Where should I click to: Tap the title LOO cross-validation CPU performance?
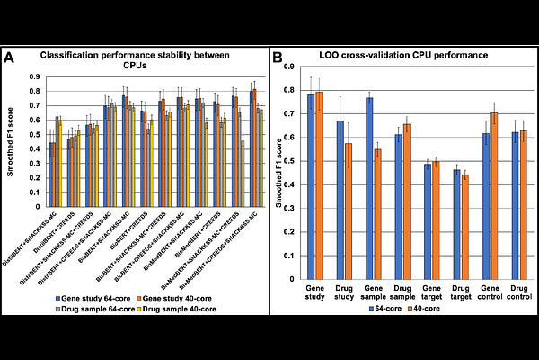(402, 56)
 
